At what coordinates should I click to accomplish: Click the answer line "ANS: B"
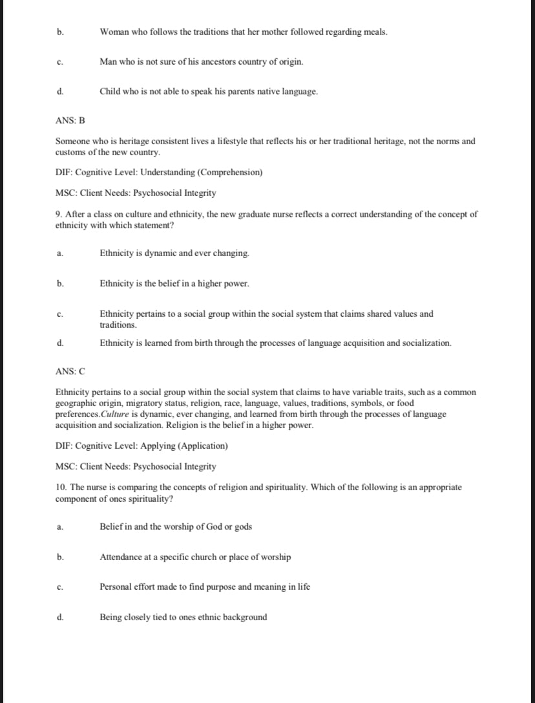pyautogui.click(x=70, y=120)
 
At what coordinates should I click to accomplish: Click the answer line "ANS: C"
pyautogui.click(x=70, y=371)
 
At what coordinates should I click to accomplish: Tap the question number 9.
pyautogui.click(x=58, y=215)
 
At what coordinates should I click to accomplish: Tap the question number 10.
pyautogui.click(x=60, y=487)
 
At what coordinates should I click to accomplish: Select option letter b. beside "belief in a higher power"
pyautogui.click(x=60, y=283)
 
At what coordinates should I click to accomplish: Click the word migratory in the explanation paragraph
pyautogui.click(x=118, y=404)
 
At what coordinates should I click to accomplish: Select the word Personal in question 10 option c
pyautogui.click(x=115, y=587)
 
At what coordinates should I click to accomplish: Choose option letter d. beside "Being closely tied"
pyautogui.click(x=60, y=617)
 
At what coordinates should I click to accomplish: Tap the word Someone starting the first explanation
pyautogui.click(x=72, y=141)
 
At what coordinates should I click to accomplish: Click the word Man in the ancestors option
pyautogui.click(x=108, y=61)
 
